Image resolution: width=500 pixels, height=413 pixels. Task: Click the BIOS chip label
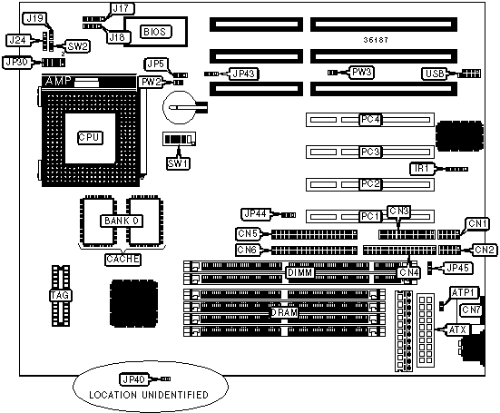(x=154, y=32)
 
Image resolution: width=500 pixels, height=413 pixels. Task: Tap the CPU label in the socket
(x=90, y=137)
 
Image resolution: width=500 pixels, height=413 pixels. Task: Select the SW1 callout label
(x=178, y=163)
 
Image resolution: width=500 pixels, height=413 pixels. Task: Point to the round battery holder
(x=179, y=107)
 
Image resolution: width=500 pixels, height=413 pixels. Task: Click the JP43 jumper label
(x=244, y=74)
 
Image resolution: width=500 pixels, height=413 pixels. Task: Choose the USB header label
(x=435, y=74)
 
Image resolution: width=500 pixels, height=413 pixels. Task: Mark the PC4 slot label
(x=370, y=120)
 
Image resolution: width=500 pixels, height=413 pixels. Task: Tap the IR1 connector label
(x=423, y=169)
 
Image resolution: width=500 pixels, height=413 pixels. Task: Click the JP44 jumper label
(x=256, y=214)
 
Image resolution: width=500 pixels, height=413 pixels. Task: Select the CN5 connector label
(x=248, y=234)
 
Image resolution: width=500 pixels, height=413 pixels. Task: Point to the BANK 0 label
(x=122, y=221)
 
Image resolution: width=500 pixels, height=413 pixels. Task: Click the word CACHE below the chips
(x=123, y=259)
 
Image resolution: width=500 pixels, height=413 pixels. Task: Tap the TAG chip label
(x=60, y=295)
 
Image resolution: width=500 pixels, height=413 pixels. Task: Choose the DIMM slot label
(x=299, y=272)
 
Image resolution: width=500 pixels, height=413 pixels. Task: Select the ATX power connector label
(x=457, y=329)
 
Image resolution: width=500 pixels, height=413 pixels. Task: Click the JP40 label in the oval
(x=134, y=379)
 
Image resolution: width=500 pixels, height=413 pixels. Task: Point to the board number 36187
(x=376, y=40)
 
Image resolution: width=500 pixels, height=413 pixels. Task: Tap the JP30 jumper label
(x=17, y=63)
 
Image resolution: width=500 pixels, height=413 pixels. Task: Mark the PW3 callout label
(x=362, y=72)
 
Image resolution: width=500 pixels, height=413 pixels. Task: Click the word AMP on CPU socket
(x=58, y=82)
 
